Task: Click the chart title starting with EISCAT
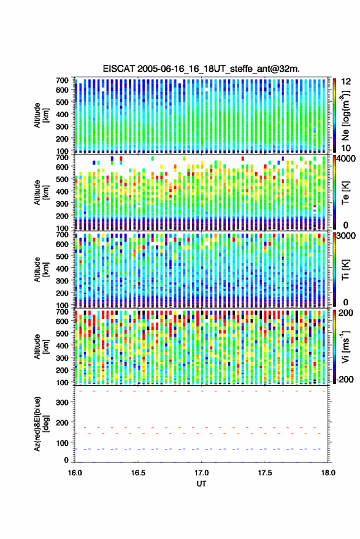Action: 201,69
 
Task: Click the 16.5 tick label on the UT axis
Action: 138,473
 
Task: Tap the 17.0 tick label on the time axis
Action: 202,473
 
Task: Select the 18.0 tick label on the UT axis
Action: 328,473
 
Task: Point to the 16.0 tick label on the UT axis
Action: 75,473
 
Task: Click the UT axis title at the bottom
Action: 202,484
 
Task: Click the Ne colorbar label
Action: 345,115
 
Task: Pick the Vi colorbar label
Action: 345,346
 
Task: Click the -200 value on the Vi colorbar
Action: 345,380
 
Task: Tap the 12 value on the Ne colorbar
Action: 346,82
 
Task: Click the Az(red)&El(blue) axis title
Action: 41,424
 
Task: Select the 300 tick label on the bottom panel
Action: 62,402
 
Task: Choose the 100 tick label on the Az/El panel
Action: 62,443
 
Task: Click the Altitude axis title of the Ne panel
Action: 41,115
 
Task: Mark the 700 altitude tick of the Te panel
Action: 62,158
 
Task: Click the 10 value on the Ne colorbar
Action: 346,148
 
